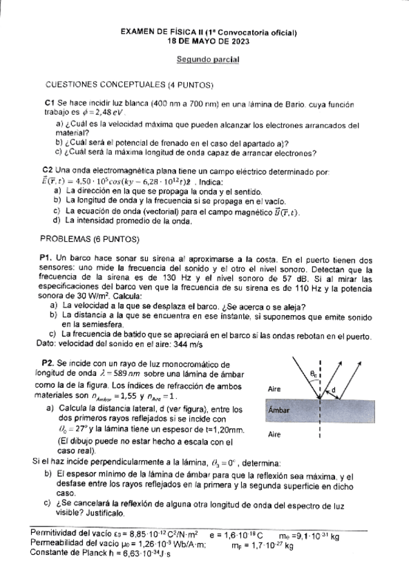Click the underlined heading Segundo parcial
click(207, 60)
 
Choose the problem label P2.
click(48, 362)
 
